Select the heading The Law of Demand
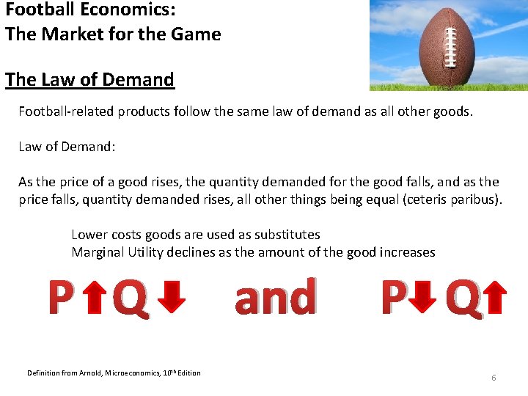click(x=89, y=79)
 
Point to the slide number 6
click(x=494, y=378)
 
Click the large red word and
click(x=275, y=297)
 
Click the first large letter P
click(x=62, y=298)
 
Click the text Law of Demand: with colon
click(x=67, y=147)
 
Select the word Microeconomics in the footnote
click(x=120, y=373)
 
